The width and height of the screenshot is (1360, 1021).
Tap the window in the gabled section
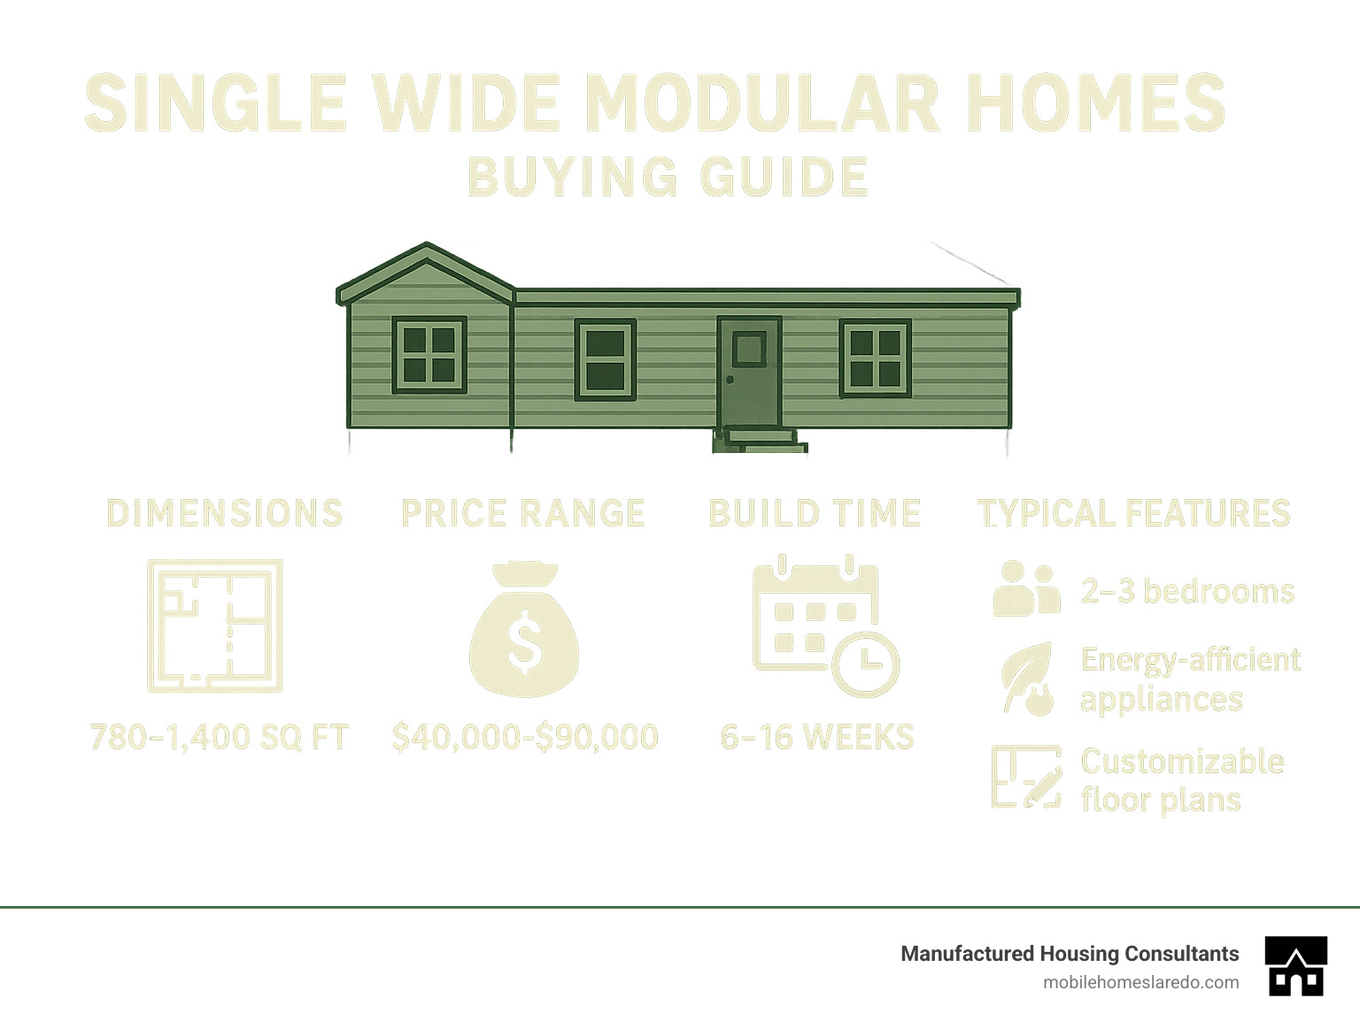click(429, 354)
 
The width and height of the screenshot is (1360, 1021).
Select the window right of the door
click(875, 358)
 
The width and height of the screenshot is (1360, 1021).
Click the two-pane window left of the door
click(606, 359)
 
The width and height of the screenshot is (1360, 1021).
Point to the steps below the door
click(761, 440)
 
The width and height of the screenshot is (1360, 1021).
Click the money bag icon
click(524, 630)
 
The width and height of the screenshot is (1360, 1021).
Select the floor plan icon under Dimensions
click(215, 626)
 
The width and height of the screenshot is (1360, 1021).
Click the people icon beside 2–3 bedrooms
click(1026, 589)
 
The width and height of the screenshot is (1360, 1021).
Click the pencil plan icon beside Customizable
click(1026, 777)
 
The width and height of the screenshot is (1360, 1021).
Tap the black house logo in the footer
click(1296, 966)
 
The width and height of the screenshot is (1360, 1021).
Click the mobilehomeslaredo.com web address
click(1140, 982)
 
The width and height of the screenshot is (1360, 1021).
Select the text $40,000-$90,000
click(525, 737)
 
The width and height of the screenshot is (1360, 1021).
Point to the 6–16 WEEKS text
click(817, 737)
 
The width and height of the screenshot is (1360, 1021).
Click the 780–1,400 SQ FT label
click(220, 737)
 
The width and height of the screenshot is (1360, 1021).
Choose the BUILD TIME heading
click(815, 514)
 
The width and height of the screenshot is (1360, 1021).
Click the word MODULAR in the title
click(761, 104)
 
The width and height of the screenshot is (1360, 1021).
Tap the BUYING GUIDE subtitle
click(668, 177)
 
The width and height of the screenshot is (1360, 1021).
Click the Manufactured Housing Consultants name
click(1070, 954)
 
